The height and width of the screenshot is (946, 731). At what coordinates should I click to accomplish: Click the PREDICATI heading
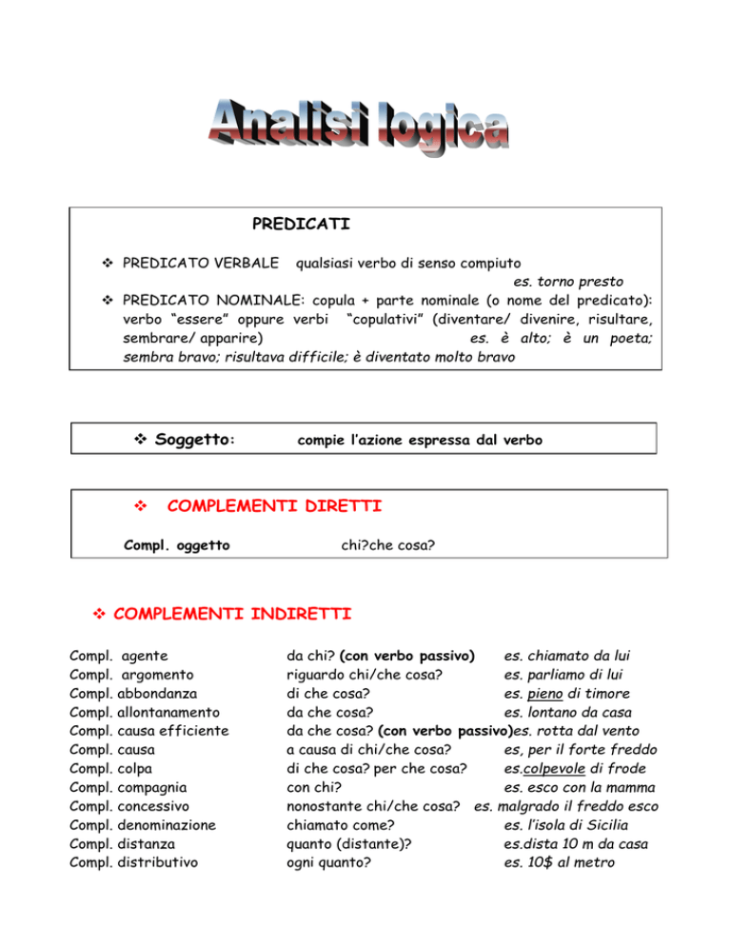301,225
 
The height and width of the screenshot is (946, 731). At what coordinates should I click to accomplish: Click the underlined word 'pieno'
543,694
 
